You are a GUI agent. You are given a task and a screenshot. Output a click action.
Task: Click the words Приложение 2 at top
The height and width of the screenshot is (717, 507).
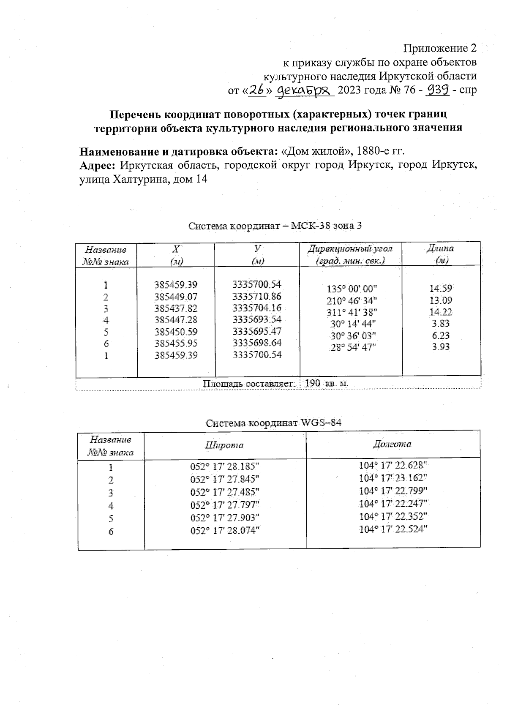[x=440, y=48]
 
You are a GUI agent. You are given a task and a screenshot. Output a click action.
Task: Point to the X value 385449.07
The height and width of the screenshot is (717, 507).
[x=176, y=297]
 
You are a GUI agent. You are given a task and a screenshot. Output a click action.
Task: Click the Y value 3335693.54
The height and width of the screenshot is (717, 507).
[x=257, y=319]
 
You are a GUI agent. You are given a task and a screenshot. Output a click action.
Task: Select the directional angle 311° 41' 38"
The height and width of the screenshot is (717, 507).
[x=352, y=312]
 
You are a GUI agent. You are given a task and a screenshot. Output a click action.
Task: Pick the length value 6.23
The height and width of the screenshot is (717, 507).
[x=440, y=335]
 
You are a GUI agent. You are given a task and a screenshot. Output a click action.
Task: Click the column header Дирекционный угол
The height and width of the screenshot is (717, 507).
[x=350, y=248]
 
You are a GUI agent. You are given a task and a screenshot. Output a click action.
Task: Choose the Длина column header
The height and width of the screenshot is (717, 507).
[x=441, y=248]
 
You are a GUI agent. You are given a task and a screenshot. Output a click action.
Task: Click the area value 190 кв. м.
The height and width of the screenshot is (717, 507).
[x=326, y=383]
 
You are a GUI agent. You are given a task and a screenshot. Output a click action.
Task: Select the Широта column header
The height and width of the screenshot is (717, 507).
[x=224, y=445]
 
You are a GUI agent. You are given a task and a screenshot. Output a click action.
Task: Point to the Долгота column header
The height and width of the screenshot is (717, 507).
[x=393, y=444]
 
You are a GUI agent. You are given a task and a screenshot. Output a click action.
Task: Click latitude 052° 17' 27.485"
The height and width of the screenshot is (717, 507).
[x=224, y=492]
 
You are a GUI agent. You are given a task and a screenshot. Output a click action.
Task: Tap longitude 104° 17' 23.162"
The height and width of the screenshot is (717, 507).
[x=393, y=478]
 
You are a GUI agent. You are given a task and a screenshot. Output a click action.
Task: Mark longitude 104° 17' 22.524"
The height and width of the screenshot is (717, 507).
[x=393, y=529]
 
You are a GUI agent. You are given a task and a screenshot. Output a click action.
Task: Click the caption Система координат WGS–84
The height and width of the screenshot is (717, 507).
[x=273, y=423]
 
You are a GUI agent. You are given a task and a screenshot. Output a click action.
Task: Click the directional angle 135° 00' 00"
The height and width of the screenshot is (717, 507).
[x=352, y=289]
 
